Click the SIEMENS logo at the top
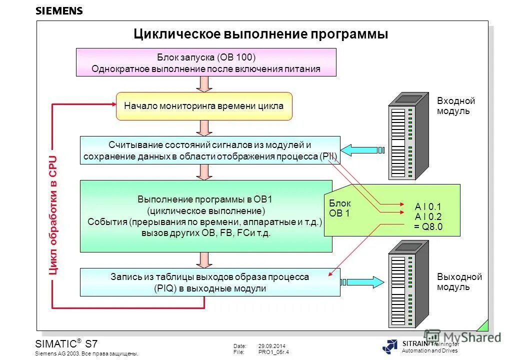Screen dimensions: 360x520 point(59,11)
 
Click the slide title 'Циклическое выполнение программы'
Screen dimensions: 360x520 point(260,34)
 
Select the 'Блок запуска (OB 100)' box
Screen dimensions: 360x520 point(205,62)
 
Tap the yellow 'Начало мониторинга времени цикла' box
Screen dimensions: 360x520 point(203,106)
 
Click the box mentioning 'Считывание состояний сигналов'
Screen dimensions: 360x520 point(210,150)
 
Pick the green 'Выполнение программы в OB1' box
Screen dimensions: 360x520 point(206,216)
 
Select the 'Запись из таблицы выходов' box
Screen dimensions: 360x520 point(210,282)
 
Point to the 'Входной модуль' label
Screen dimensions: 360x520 point(455,106)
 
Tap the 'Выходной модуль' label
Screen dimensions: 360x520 point(459,282)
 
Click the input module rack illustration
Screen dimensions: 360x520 point(408,136)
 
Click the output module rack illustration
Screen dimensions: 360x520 point(408,283)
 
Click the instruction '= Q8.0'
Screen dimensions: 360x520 point(428,226)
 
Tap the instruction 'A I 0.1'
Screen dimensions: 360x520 point(428,206)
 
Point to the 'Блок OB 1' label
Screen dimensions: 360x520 point(340,208)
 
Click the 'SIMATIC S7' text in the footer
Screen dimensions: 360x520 point(66,344)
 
